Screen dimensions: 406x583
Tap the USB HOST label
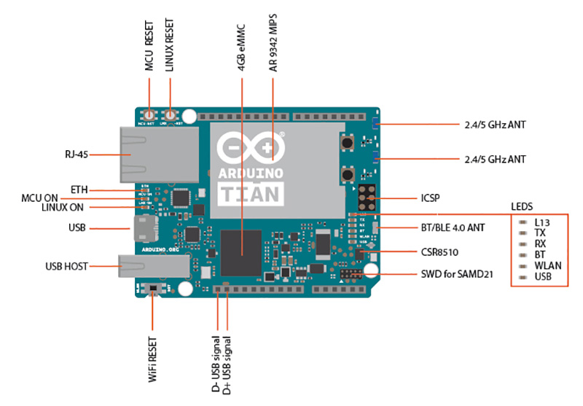[x=66, y=267]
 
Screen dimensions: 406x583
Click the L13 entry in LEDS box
[x=541, y=222]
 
